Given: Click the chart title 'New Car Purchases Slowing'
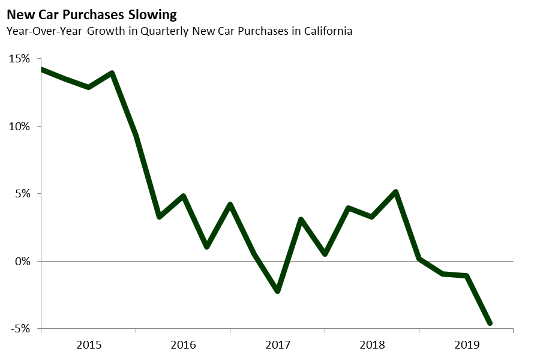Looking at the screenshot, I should pos(92,13).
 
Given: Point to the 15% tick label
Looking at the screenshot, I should pos(19,59).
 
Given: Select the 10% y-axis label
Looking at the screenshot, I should pos(19,127).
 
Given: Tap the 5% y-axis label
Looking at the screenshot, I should pos(22,194).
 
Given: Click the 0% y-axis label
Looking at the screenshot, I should pos(22,262).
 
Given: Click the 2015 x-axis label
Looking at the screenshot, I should pos(88,345).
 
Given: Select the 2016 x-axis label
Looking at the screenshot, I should pos(183,345).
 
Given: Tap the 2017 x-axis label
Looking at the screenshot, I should pos(277,345).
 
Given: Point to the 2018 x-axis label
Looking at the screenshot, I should pos(371,345).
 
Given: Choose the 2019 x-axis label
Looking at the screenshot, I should pos(466,345).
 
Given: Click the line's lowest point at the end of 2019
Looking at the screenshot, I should pos(490,323).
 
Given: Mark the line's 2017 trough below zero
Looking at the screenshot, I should pos(277,291).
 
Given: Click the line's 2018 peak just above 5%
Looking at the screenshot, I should pos(395,192).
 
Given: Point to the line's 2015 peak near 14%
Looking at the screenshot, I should pos(112,73).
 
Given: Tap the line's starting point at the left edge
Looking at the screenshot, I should pos(41,70).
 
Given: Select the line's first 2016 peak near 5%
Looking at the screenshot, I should pos(183,196).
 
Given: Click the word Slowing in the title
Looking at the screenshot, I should pos(155,13).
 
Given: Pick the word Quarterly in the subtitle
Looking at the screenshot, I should pos(164,31).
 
